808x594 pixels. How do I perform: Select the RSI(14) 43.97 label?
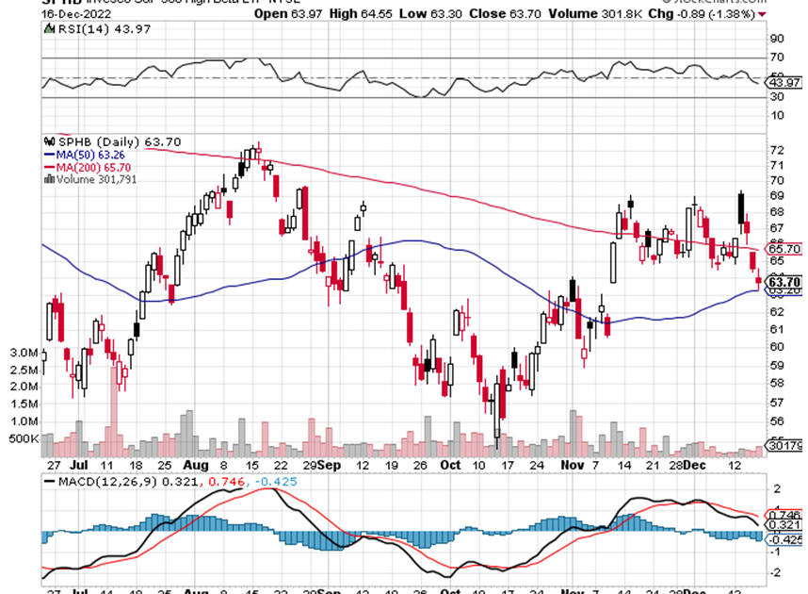pyautogui.click(x=91, y=31)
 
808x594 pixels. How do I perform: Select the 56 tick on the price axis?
pyautogui.click(x=777, y=422)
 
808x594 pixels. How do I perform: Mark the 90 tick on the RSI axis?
pyautogui.click(x=777, y=40)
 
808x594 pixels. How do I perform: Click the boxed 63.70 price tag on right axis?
pyautogui.click(x=784, y=281)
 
